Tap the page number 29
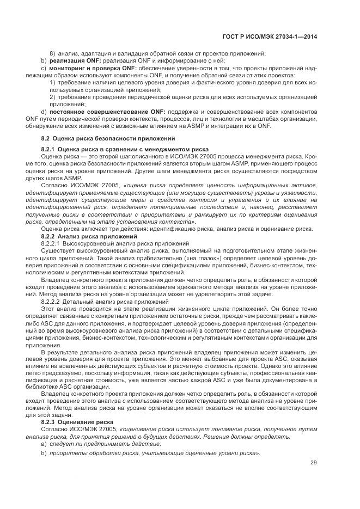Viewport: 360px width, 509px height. coord(314,463)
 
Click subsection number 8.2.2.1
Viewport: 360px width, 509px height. coord(51,243)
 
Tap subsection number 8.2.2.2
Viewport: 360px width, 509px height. coord(51,301)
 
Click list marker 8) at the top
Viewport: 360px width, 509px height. coord(52,53)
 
